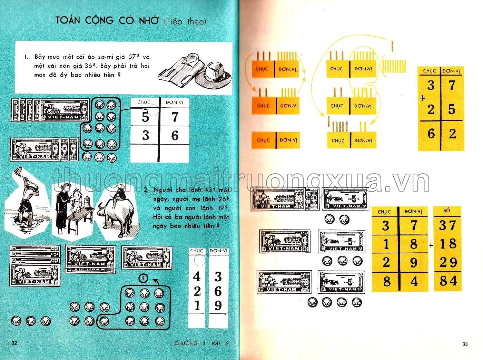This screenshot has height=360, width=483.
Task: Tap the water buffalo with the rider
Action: coord(116,216)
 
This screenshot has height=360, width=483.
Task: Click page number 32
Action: coord(14,343)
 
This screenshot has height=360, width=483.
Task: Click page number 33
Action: coord(465,343)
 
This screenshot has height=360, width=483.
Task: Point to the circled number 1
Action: coord(142,278)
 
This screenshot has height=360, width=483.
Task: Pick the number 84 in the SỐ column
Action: coord(448,281)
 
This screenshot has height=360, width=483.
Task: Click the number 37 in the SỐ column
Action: coord(448,225)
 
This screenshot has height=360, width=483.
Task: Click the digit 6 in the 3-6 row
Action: coord(175,136)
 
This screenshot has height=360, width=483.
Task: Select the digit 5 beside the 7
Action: coord(145,118)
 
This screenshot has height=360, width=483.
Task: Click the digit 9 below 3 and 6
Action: coord(218,306)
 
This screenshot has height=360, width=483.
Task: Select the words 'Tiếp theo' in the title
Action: coord(185,21)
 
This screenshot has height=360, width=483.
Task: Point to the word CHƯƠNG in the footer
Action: coord(186,343)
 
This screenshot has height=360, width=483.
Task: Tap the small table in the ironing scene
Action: coord(79,221)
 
